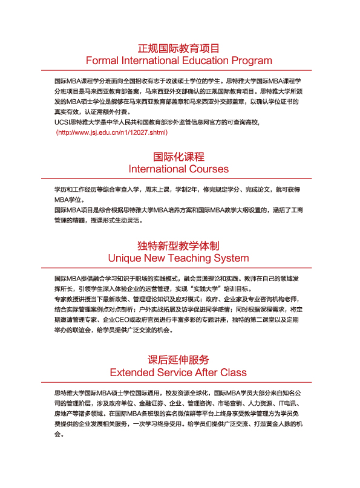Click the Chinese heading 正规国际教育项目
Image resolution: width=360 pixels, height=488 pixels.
(x=178, y=48)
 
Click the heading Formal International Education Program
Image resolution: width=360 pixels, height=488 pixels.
(x=178, y=60)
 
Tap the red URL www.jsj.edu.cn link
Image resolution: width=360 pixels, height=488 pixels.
(x=111, y=132)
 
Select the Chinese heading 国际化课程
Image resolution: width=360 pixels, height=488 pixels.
(x=178, y=157)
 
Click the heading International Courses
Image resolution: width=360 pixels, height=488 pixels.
(x=178, y=169)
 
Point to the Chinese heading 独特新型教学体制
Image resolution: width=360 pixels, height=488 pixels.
(x=178, y=246)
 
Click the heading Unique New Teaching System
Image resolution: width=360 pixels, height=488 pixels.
(x=178, y=258)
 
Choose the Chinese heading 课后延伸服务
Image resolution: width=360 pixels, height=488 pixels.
(x=178, y=359)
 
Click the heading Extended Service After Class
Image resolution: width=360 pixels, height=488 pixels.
(x=178, y=371)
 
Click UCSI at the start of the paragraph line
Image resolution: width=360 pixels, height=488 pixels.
(x=62, y=122)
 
